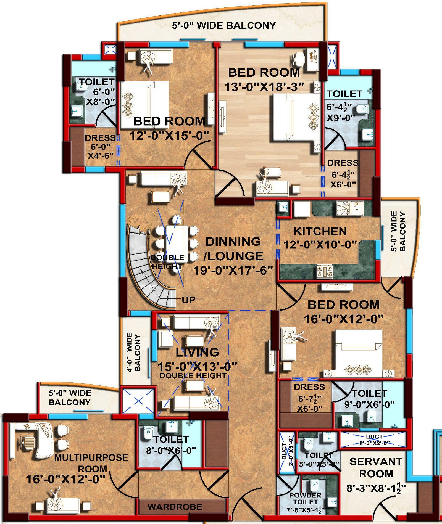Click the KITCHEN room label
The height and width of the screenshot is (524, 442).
click(320, 231)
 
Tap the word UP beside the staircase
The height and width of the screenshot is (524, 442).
click(189, 300)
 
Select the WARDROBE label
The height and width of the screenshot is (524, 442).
click(175, 507)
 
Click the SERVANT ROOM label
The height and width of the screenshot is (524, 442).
click(376, 467)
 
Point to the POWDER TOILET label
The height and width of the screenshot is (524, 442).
click(305, 498)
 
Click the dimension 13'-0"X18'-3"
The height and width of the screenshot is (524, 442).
click(264, 87)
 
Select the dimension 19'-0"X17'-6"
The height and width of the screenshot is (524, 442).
click(233, 270)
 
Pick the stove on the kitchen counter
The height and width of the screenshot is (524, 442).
click(325, 271)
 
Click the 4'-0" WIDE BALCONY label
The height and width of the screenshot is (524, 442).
click(133, 352)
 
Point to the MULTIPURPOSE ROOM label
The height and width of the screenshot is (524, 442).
click(91, 463)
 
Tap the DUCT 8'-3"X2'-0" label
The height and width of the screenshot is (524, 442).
click(374, 440)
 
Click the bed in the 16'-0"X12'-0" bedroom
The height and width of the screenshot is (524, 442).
click(359, 353)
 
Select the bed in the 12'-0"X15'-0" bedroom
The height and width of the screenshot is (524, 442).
click(145, 105)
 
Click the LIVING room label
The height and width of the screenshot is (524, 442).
click(197, 352)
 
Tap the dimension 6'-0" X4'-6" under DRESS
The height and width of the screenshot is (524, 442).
click(101, 151)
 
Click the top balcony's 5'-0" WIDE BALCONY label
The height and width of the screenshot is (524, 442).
click(224, 25)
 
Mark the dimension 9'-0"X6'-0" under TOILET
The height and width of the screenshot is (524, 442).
click(369, 404)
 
